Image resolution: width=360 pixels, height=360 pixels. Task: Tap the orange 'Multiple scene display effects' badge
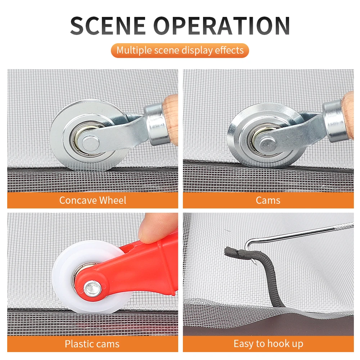tap(180, 50)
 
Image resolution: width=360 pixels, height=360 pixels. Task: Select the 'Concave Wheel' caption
tap(93, 200)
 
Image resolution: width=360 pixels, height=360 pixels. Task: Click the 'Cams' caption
tap(268, 200)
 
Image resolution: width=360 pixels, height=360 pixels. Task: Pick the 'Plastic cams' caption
tap(92, 344)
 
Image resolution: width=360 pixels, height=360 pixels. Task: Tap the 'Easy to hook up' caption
tap(268, 344)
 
